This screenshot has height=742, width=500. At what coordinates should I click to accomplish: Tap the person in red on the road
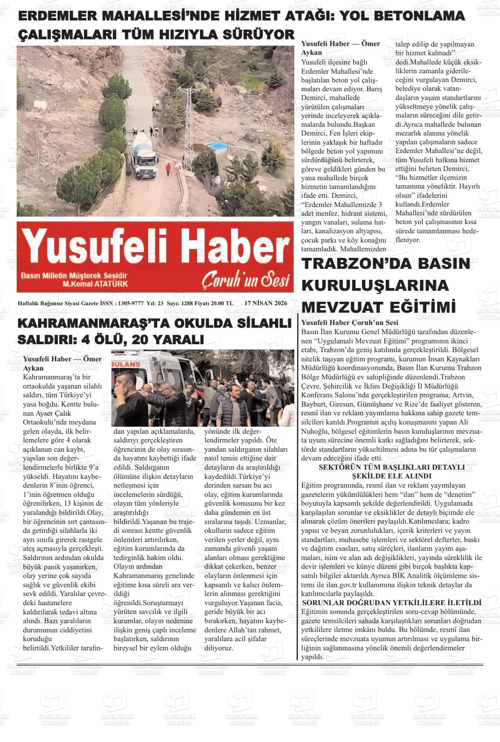pos(168,169)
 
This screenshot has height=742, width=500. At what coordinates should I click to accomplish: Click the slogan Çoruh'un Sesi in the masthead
pos(246,280)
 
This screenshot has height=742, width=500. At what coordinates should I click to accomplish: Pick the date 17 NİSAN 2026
pos(266,303)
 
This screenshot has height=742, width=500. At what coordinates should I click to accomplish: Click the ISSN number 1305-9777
pos(131,303)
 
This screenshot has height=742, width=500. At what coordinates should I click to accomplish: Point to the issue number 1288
pos(187,303)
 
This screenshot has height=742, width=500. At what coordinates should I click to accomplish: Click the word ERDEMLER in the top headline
pos(61,16)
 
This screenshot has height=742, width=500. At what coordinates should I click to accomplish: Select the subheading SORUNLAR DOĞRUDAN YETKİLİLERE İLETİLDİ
pos(392,603)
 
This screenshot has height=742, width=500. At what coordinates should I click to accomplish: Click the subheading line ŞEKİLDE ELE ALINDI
pos(392,476)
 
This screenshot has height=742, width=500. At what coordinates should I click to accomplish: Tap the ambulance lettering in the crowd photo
pos(126,364)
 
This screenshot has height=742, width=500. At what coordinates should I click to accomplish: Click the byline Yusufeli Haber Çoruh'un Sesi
pos(350,323)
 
